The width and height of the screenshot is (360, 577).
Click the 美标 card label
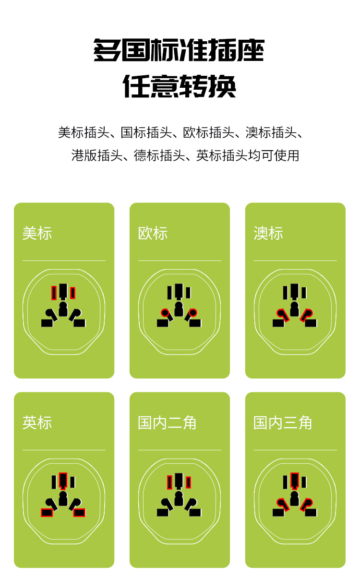click(37, 234)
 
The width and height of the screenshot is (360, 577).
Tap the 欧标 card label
click(153, 234)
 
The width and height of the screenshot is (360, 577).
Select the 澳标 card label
click(268, 234)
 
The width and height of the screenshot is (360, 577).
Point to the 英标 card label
click(37, 423)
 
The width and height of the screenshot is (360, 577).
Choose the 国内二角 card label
click(167, 423)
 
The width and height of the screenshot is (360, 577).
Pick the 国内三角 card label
click(283, 423)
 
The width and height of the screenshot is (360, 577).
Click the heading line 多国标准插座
click(179, 51)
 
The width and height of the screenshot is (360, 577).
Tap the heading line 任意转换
click(179, 86)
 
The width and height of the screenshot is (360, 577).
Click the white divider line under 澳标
click(295, 260)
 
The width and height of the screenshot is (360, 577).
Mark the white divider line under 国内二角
click(179, 450)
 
